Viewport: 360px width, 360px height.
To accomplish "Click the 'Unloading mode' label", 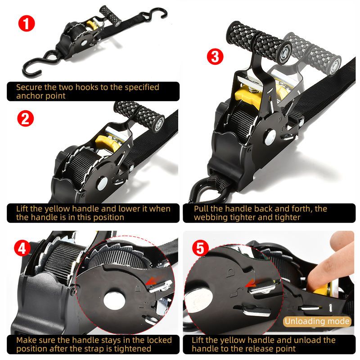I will [317, 321].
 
